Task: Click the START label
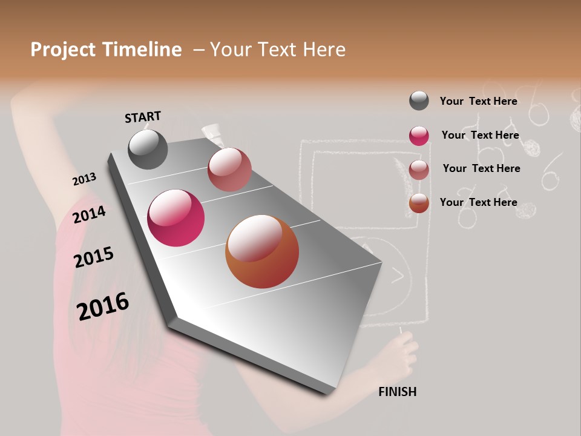[x=143, y=116]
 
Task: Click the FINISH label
[x=398, y=392]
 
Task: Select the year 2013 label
[x=84, y=179]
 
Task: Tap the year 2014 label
[x=90, y=214]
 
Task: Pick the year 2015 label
[x=94, y=257]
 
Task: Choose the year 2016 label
[x=103, y=306]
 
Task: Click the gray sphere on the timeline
[x=148, y=150]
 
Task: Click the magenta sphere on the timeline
[x=176, y=218]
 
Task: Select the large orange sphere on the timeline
[x=262, y=252]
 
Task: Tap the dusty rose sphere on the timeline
[x=229, y=170]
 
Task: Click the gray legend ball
[x=419, y=101]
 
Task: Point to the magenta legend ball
[x=419, y=136]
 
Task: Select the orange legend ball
[x=419, y=203]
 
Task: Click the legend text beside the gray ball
[x=478, y=101]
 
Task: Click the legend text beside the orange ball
[x=478, y=202]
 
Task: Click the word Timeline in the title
[x=142, y=50]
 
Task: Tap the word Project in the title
[x=64, y=50]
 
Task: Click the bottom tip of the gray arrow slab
[x=327, y=392]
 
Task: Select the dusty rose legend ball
[x=419, y=170]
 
